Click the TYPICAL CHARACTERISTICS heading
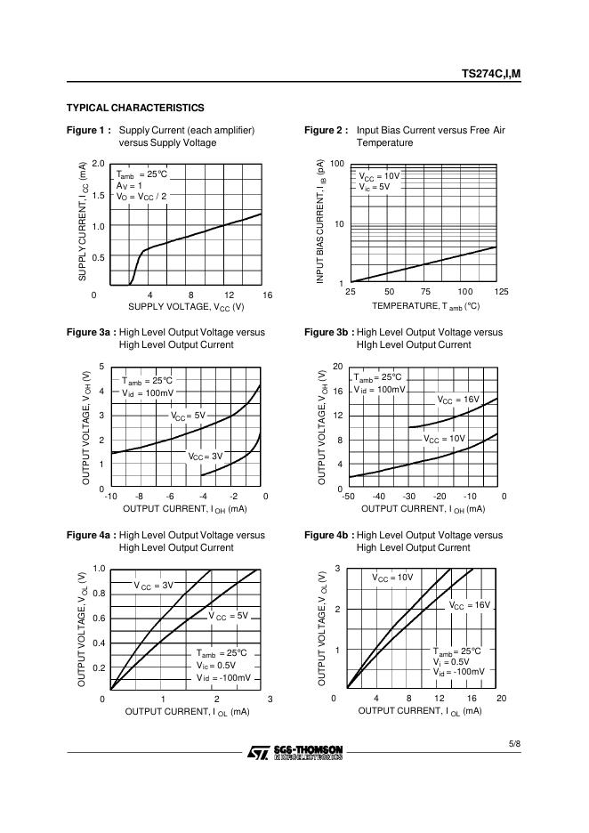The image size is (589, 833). coord(135,108)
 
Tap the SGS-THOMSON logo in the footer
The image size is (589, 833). coord(294,752)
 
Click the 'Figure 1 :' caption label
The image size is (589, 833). coord(89,130)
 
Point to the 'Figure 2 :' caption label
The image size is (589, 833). coord(327,130)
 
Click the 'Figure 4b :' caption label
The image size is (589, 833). coord(328,535)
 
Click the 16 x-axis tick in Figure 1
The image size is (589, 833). coord(267,295)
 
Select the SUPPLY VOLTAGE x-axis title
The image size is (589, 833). coord(186,307)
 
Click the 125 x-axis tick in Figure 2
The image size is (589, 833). coord(501,292)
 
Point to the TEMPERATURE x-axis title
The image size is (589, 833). coord(425,305)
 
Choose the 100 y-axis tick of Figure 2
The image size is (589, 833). coord(336,165)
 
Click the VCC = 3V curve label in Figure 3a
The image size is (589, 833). coord(205,456)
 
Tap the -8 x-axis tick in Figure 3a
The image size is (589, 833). coord(139,496)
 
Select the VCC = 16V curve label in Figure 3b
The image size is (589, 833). coord(458,400)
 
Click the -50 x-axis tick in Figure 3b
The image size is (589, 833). coord(348,496)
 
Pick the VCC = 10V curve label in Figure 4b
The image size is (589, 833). coord(392,577)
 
